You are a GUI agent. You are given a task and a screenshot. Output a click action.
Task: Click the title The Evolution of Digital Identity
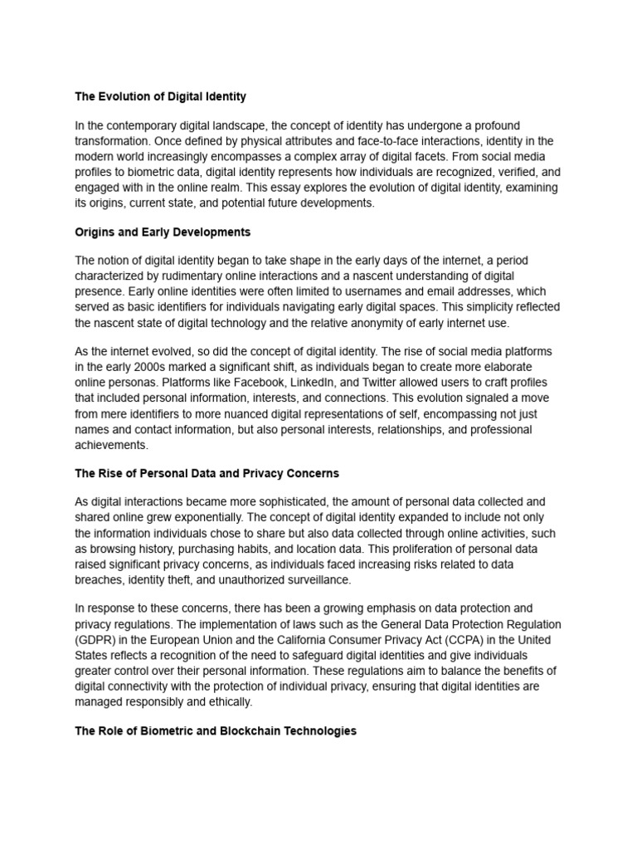(x=160, y=96)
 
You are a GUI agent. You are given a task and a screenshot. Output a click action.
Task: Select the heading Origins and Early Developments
(x=163, y=232)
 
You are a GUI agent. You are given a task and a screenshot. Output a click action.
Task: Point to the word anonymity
(x=383, y=323)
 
